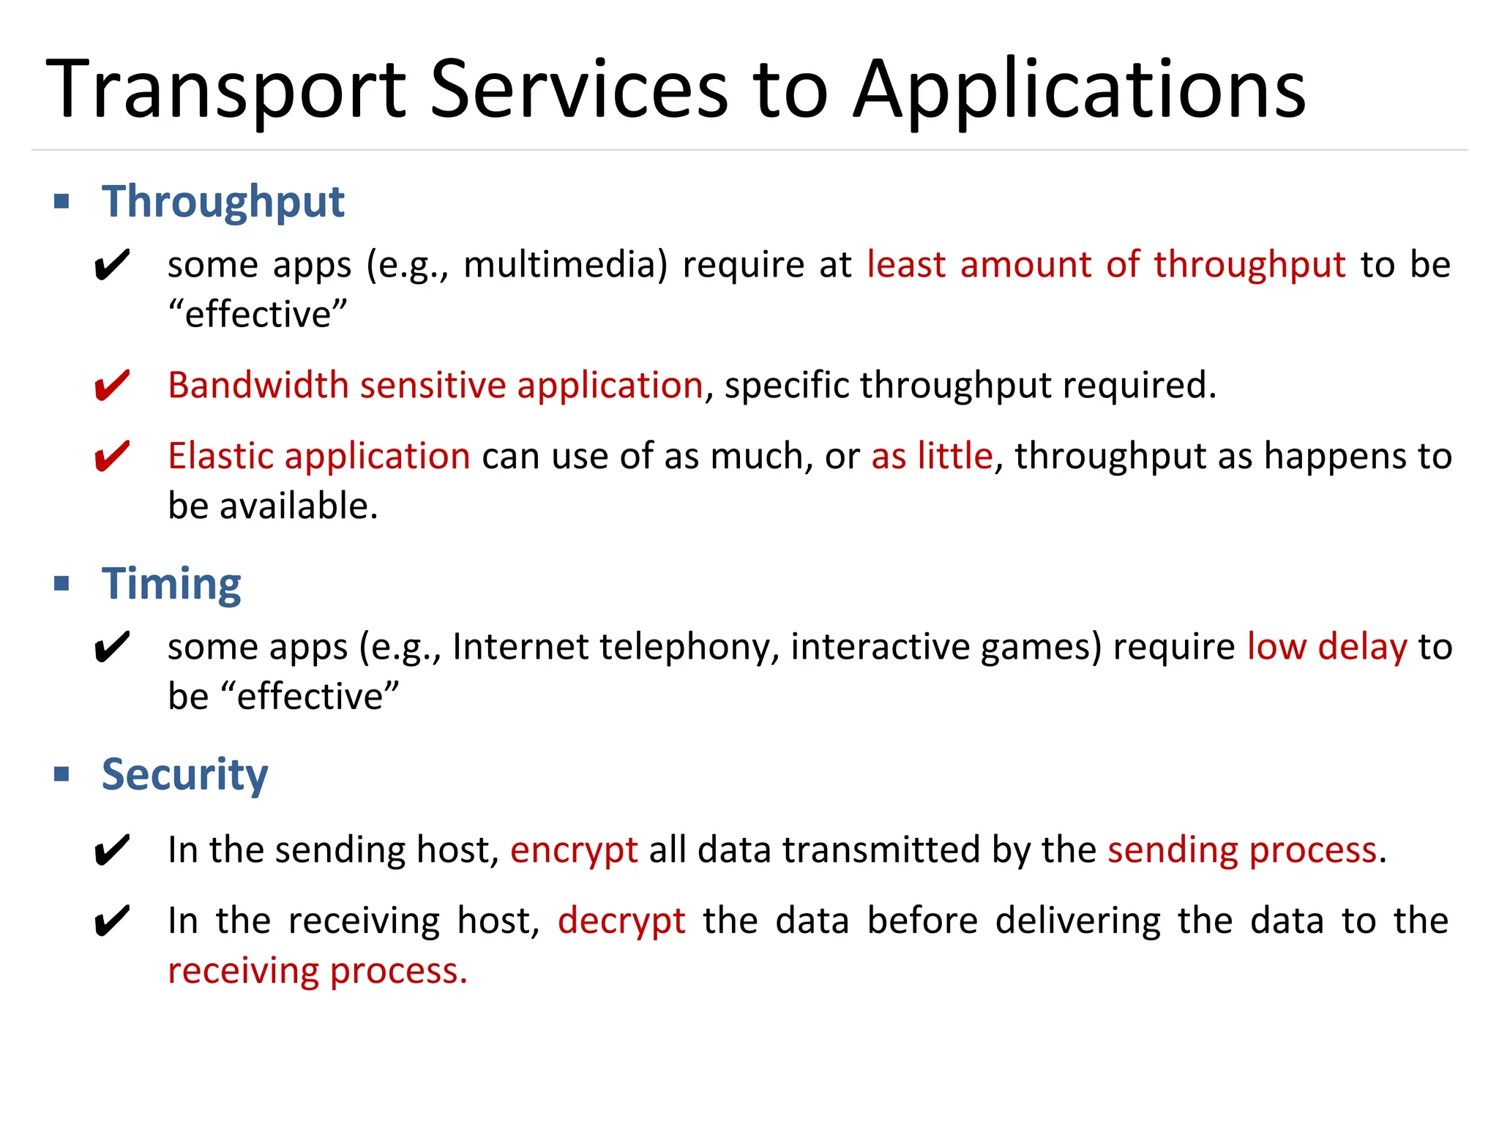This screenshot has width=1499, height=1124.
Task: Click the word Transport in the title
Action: tap(226, 89)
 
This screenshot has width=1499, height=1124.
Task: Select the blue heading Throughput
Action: tap(223, 201)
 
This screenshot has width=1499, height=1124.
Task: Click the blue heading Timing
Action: tap(171, 584)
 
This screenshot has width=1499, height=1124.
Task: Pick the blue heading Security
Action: tap(184, 774)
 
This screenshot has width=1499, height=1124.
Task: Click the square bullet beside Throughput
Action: tap(62, 201)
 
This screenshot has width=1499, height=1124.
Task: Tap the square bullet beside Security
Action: tap(62, 774)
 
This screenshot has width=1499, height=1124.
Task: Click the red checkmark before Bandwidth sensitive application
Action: tap(112, 386)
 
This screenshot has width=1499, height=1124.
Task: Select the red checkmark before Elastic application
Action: tap(112, 457)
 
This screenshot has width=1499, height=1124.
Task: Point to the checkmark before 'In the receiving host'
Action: tap(112, 921)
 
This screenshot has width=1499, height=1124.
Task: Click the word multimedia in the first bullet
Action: tap(566, 264)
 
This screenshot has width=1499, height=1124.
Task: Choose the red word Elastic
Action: tap(221, 456)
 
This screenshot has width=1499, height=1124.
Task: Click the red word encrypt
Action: tap(574, 850)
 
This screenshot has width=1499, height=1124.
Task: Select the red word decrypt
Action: tap(621, 921)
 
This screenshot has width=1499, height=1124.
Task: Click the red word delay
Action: tap(1362, 647)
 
